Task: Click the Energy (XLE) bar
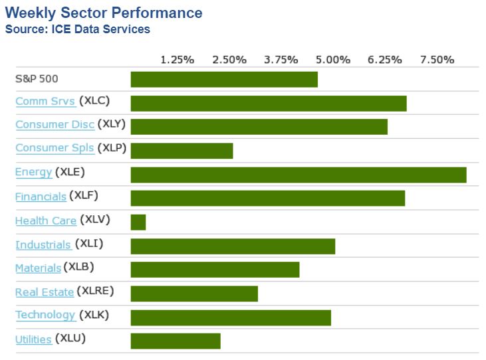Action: click(x=299, y=175)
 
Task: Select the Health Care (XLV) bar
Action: click(x=138, y=222)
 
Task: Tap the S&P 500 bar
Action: click(x=224, y=80)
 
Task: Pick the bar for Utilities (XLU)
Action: click(x=176, y=341)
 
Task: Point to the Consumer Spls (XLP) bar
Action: click(x=182, y=151)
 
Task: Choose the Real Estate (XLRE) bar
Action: click(x=194, y=293)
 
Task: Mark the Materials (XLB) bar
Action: click(x=215, y=270)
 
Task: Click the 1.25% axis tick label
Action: click(x=178, y=60)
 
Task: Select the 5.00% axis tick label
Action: click(x=333, y=60)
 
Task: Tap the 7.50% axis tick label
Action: click(x=437, y=60)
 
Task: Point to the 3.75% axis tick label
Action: click(x=281, y=60)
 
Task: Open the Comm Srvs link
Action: click(x=45, y=102)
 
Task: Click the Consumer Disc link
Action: click(x=55, y=125)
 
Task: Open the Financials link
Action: click(x=41, y=197)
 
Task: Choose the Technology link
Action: click(x=45, y=315)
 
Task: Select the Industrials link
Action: click(x=43, y=245)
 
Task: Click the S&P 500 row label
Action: click(x=37, y=78)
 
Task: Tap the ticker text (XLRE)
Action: click(x=96, y=291)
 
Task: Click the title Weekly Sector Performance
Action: click(x=104, y=13)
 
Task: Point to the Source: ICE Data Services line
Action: click(x=78, y=29)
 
